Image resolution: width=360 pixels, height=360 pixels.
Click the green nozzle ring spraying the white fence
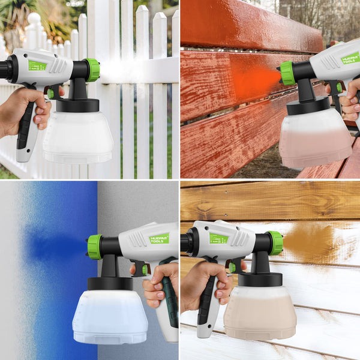coord(92,70)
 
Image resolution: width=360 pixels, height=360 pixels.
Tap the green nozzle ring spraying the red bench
coord(287,73)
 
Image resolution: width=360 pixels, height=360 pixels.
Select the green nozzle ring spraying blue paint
coord(95,247)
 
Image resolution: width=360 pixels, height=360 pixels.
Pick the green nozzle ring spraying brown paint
coord(275,242)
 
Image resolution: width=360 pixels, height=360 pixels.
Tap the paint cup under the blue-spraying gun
coord(110,316)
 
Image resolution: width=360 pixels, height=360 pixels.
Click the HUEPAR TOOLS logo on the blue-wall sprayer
coord(159,238)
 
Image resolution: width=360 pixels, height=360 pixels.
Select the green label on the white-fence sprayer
coord(37,65)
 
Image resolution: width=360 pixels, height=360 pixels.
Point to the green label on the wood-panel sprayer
coord(218,238)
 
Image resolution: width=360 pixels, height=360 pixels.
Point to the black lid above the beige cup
coord(260,279)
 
